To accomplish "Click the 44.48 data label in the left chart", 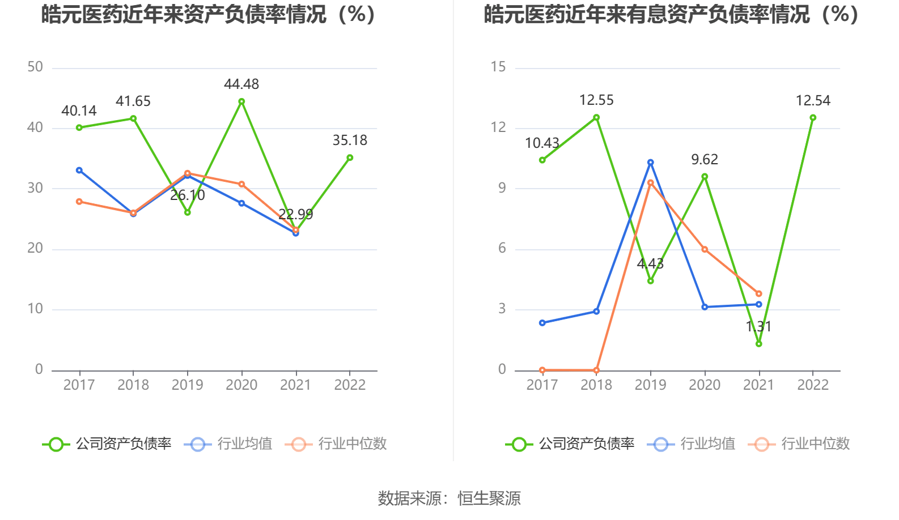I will click(x=241, y=84).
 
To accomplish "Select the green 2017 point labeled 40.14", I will click(x=79, y=127).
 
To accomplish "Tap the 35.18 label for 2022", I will click(x=350, y=140).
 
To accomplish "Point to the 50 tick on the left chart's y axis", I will click(x=35, y=67).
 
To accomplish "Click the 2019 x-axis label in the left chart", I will click(x=188, y=385).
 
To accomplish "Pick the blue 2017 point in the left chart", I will click(x=79, y=170).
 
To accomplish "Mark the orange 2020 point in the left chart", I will click(x=241, y=184).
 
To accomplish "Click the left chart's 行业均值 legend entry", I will click(x=229, y=444).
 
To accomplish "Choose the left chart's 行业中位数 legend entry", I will click(x=337, y=444).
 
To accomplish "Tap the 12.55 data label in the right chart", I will click(x=596, y=100).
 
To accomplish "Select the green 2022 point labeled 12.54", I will click(x=813, y=118).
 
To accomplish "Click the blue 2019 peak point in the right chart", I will click(x=651, y=163).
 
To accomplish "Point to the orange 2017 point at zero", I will click(x=542, y=370).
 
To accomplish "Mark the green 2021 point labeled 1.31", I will click(x=759, y=344).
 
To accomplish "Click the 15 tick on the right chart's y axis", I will click(x=498, y=67).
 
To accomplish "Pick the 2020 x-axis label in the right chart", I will click(x=705, y=385).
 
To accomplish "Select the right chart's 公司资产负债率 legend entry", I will click(x=570, y=444).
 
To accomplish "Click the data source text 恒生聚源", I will click(x=489, y=498).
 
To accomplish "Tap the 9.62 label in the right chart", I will click(x=705, y=160).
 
